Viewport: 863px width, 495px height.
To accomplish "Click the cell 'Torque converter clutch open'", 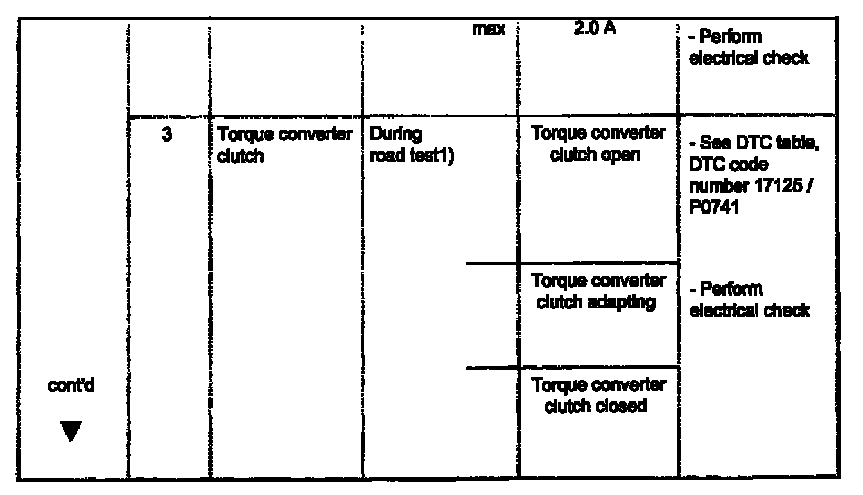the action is pos(598,144).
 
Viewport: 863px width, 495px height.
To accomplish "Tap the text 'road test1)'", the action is pos(408,156).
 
